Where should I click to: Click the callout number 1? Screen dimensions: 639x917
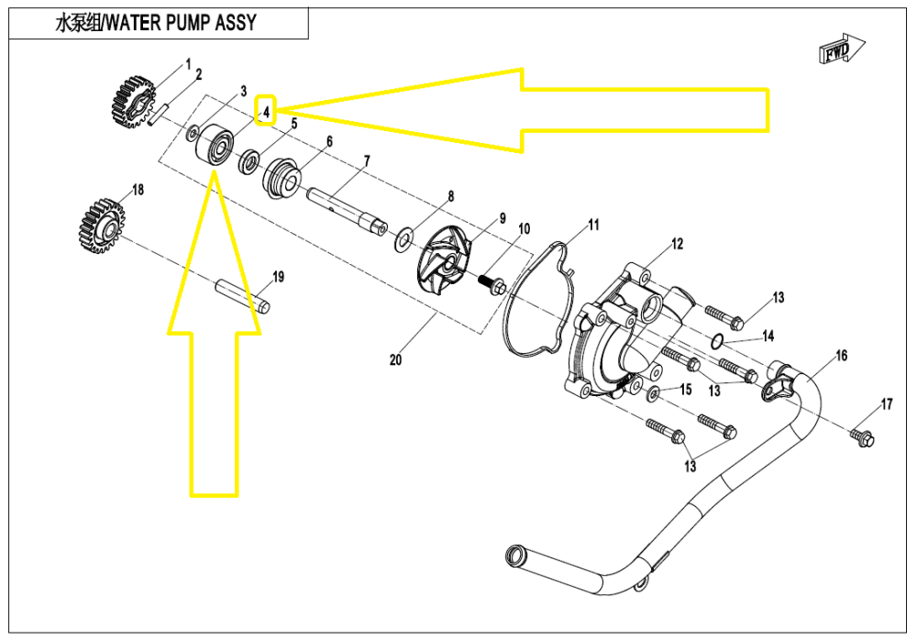pos(188,64)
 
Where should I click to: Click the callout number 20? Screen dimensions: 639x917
pos(396,359)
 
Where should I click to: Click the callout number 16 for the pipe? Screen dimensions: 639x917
pos(841,356)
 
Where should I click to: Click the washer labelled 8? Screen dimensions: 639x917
pos(403,241)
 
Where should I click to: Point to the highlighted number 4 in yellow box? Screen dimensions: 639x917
pos(265,112)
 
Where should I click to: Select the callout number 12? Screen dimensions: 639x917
pos(678,244)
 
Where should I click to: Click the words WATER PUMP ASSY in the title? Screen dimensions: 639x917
pos(179,23)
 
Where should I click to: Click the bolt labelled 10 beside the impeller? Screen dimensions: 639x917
pos(493,284)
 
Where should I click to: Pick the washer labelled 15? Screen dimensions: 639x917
pos(653,394)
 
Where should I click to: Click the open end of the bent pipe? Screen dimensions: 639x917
pos(515,556)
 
